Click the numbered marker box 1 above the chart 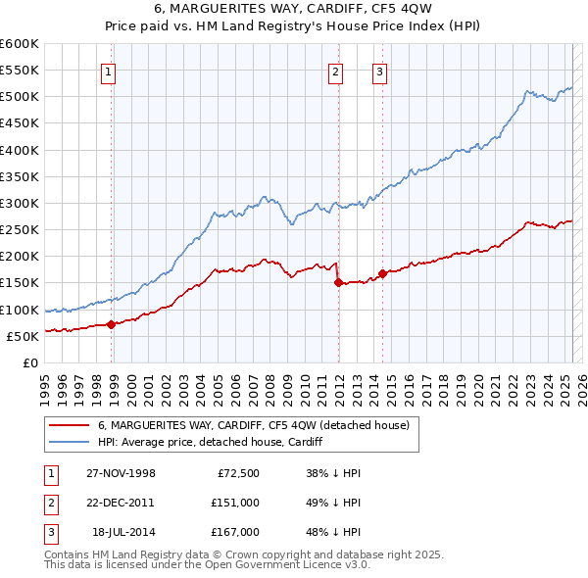pyautogui.click(x=108, y=71)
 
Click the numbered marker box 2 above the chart pyautogui.click(x=335, y=71)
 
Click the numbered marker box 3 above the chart pyautogui.click(x=379, y=71)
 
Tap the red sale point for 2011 pyautogui.click(x=338, y=282)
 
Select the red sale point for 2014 pyautogui.click(x=382, y=273)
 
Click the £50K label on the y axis pyautogui.click(x=24, y=336)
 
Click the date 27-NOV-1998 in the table pyautogui.click(x=121, y=473)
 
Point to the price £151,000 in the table pyautogui.click(x=235, y=503)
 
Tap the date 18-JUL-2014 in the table pyautogui.click(x=122, y=532)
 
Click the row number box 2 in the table pyautogui.click(x=47, y=503)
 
